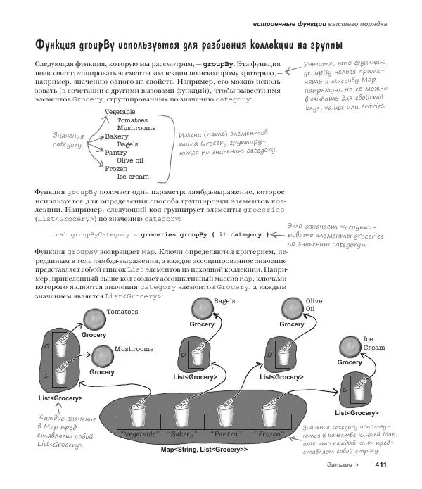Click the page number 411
pos(382,465)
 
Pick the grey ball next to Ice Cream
pos(349,345)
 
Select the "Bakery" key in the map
pos(183,434)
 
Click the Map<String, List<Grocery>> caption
pos(205,450)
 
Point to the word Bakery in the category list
pos(116,136)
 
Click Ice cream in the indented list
pos(133,177)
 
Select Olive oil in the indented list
pos(130,160)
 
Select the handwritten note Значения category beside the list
pos(68,139)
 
